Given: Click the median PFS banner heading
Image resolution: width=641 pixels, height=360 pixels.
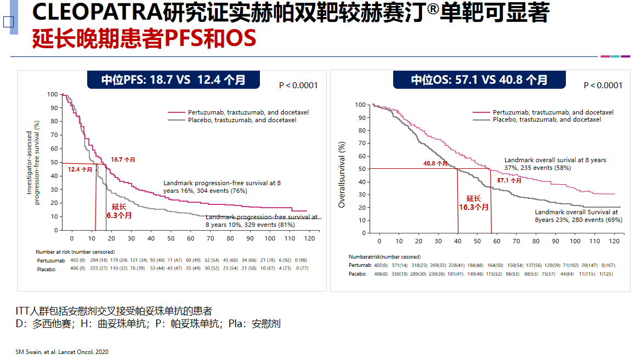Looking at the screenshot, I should (173, 80).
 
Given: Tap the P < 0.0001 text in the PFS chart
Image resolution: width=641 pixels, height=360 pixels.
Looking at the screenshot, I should (298, 85).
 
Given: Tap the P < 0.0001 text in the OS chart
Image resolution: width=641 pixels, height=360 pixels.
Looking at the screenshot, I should (603, 85).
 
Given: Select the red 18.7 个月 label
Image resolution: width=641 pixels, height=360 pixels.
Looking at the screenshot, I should (123, 159).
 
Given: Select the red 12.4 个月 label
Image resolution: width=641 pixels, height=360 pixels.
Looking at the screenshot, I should (80, 170).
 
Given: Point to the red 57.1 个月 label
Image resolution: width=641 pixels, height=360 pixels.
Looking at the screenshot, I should (509, 180).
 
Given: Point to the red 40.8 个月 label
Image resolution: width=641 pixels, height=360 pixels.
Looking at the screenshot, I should (435, 163).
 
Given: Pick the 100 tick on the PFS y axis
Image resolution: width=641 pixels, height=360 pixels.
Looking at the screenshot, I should (52, 94).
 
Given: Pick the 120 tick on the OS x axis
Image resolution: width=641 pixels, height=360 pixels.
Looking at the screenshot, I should (615, 241).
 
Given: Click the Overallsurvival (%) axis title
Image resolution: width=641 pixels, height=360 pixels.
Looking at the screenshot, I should (342, 175).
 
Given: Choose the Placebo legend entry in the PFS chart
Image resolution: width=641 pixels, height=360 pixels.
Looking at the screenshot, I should (242, 120).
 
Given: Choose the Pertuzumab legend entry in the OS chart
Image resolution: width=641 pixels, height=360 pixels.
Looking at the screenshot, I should (553, 112).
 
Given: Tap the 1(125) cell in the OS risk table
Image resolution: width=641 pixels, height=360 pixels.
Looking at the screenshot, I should (621, 273).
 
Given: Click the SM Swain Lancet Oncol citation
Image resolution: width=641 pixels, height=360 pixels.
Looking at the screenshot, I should (61, 352).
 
